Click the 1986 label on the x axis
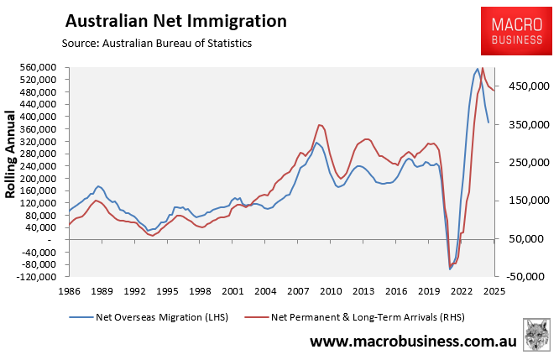coord(70,291)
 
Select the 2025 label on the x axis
coord(494,291)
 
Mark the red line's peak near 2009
coord(320,125)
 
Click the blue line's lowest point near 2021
coord(450,269)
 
